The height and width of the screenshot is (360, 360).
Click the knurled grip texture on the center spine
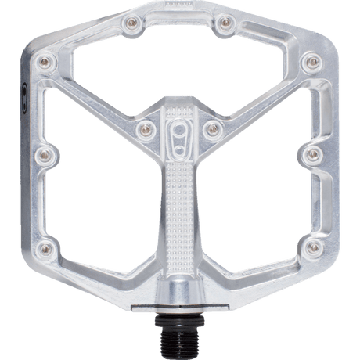181,203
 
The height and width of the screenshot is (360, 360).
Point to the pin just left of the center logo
143,124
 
